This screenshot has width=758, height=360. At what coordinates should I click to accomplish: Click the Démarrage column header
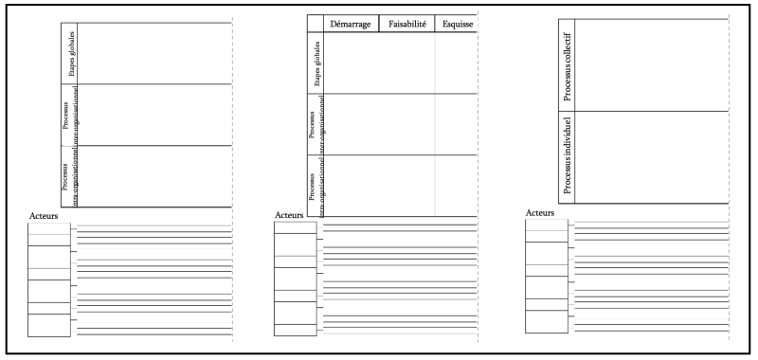tap(351, 24)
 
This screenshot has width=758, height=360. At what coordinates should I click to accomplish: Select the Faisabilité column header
tap(406, 24)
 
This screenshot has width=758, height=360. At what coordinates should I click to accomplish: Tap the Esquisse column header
tap(457, 24)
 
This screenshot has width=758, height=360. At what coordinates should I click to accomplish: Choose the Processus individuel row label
tap(566, 156)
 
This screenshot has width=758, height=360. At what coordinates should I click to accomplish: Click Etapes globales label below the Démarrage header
tap(316, 64)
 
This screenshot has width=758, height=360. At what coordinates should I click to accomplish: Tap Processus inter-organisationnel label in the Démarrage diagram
tap(316, 124)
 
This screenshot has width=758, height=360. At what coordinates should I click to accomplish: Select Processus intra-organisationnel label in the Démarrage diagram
tap(316, 188)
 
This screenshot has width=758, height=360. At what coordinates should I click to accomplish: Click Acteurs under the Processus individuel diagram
tap(539, 213)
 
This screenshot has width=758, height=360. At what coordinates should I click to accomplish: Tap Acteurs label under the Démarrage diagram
tap(288, 215)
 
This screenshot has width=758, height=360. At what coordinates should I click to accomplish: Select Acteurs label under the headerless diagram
tap(44, 217)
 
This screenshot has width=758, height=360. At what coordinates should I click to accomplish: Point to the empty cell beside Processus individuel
tap(651, 157)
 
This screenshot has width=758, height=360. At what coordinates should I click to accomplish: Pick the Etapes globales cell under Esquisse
tap(456, 63)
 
